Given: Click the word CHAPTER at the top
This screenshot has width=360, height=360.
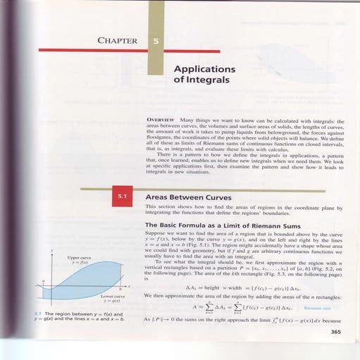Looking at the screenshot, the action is click(118, 40).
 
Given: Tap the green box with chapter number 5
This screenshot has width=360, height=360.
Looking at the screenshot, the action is click(155, 41).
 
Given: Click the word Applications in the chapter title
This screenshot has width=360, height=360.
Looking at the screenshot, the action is click(204, 70).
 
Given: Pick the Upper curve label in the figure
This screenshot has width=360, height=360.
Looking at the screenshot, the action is click(77, 258).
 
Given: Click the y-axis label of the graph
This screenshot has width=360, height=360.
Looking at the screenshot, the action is click(51, 252).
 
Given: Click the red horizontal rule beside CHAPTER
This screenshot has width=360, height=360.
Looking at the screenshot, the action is click(92, 50).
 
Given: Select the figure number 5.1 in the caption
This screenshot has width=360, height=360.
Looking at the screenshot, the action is click(37, 314).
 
